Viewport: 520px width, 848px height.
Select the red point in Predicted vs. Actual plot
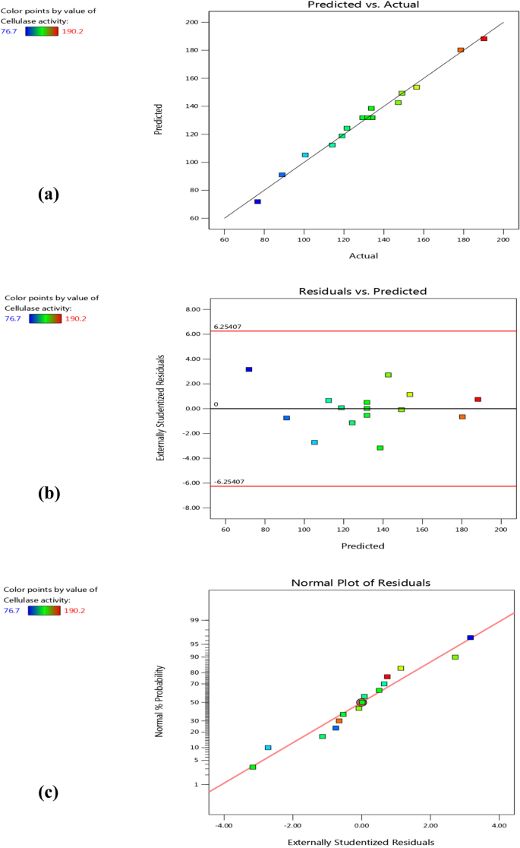click(x=484, y=39)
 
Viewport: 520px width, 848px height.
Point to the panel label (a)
click(x=48, y=194)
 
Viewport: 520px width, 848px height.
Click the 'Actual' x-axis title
click(x=364, y=255)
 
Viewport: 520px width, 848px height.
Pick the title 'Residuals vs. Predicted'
click(x=363, y=291)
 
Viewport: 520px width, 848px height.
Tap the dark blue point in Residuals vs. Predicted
click(x=248, y=369)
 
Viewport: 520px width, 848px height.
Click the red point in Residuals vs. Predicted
click(x=477, y=399)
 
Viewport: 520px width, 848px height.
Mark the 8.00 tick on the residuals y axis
click(x=194, y=310)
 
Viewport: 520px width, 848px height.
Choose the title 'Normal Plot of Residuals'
click(x=362, y=583)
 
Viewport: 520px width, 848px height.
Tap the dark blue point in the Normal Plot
click(x=470, y=638)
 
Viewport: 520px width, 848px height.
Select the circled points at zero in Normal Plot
click(x=361, y=702)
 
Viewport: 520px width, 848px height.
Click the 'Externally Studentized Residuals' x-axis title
click(x=361, y=841)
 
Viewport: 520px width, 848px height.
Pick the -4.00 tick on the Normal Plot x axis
click(x=224, y=824)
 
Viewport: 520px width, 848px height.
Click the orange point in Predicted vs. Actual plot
click(x=460, y=50)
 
